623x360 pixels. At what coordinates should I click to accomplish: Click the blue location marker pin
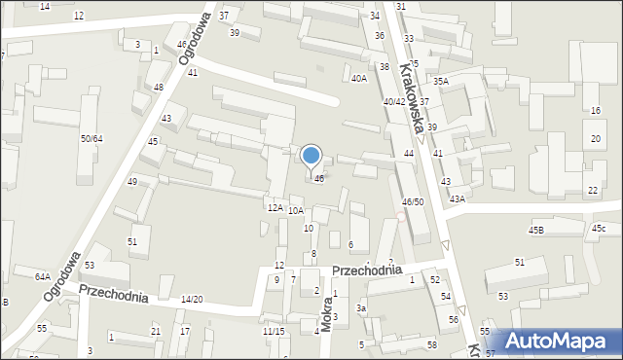click(311, 157)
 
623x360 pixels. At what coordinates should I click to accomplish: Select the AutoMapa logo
click(559, 340)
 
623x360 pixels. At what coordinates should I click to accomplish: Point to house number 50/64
click(92, 139)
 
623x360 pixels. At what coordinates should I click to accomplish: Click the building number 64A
click(43, 276)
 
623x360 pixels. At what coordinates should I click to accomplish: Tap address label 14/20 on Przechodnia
click(192, 299)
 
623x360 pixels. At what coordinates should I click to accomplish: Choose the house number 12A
click(275, 207)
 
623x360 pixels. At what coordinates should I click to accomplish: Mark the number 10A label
click(296, 210)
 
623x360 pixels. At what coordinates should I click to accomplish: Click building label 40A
click(359, 78)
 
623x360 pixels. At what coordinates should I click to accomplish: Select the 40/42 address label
click(393, 101)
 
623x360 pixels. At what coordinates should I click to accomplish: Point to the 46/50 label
click(413, 201)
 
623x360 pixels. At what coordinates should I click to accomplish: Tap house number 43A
click(458, 198)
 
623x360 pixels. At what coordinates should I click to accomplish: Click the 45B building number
click(536, 231)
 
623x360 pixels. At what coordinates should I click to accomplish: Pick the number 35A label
click(441, 82)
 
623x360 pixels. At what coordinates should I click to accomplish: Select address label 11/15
click(273, 331)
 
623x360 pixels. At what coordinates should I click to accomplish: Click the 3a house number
click(361, 308)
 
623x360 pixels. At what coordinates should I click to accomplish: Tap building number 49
click(131, 182)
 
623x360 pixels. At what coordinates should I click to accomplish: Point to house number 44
click(409, 154)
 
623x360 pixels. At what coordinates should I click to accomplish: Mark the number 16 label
click(595, 111)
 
